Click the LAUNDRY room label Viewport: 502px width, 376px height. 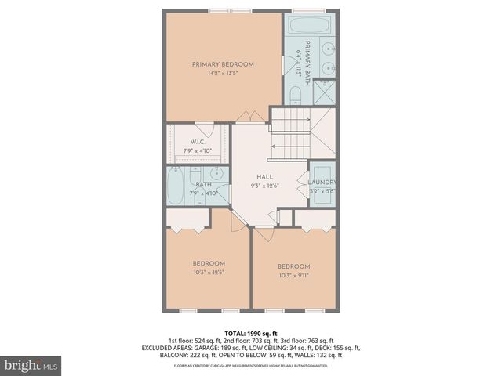pos(322,183)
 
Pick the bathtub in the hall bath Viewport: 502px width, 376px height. pos(176,188)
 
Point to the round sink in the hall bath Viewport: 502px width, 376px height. pos(217,173)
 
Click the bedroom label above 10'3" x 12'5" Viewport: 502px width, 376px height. pos(209,262)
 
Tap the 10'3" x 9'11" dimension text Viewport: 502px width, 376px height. pos(293,276)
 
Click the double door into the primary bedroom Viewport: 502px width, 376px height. pos(245,117)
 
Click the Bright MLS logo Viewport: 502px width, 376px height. pos(31,365)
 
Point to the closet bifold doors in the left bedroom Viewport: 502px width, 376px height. pos(185,223)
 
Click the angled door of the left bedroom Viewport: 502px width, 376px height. pos(237,221)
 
